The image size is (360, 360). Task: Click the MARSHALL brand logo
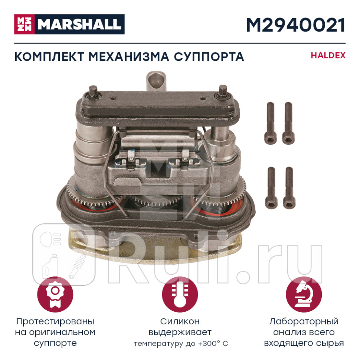pos(69,24)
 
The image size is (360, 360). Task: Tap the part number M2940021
pos(295,24)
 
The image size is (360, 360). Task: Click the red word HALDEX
pos(328,56)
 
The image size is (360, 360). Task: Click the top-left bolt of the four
pos(270,122)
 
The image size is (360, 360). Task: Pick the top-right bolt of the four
pos(288,122)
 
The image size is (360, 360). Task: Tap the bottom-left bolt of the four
pos(270,187)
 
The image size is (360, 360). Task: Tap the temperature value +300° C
pos(213,344)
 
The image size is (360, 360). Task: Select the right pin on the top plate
pos(223,90)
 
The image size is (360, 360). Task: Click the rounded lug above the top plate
pos(156,79)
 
